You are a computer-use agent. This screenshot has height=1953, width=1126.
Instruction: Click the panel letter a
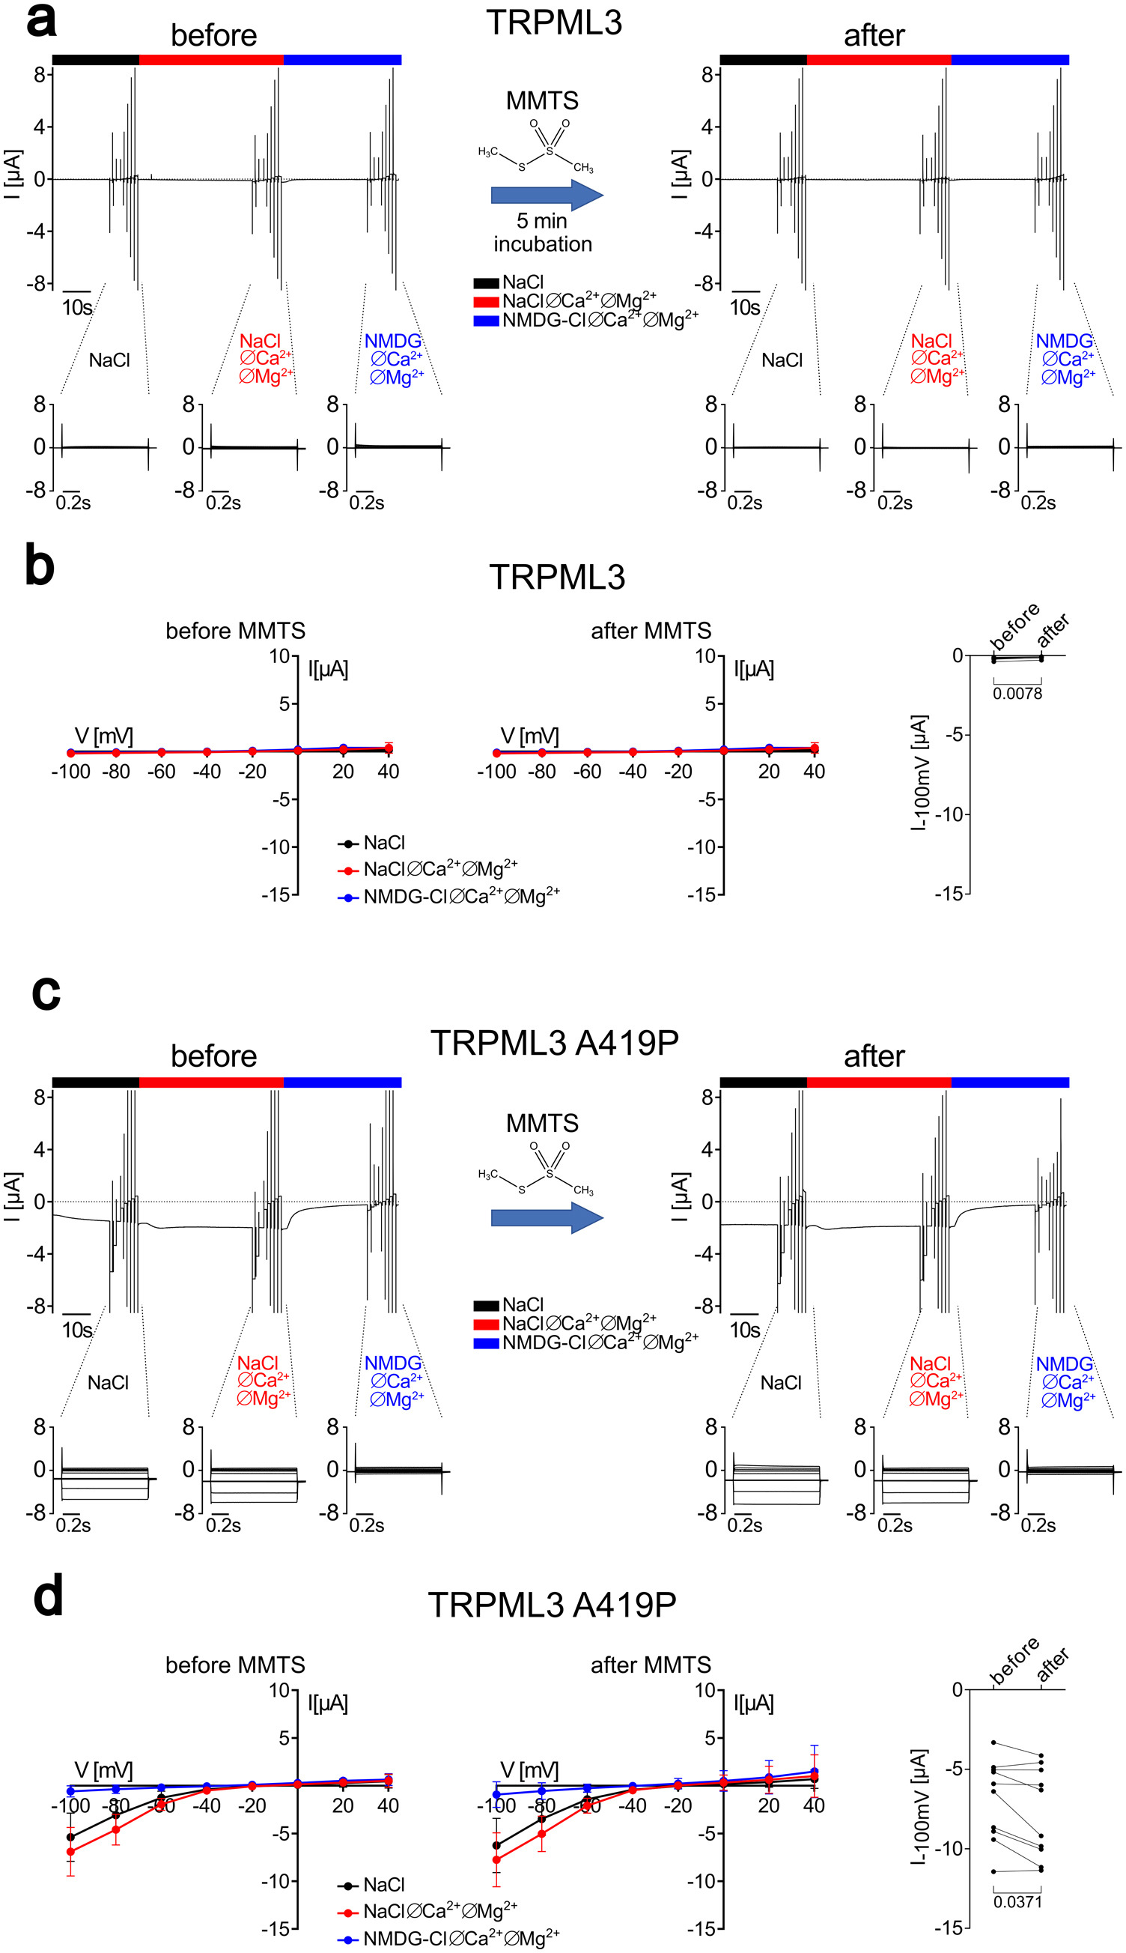tap(41, 21)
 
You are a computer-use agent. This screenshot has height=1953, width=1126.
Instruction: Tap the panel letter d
tap(47, 1597)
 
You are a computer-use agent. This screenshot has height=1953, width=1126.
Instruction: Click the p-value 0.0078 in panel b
tap(1017, 694)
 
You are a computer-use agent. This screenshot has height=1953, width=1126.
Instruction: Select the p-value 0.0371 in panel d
tap(1017, 1901)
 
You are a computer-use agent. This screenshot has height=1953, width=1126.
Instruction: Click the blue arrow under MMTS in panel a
tap(547, 195)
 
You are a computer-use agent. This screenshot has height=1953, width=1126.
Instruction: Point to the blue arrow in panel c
tap(547, 1217)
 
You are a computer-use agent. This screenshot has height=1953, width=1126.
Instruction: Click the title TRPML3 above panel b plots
tap(557, 578)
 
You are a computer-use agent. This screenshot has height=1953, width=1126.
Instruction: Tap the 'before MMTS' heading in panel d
tap(235, 1665)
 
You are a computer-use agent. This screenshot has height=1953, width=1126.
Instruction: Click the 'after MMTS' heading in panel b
tap(651, 631)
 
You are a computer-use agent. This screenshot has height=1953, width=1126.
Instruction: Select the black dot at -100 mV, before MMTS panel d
tap(70, 1837)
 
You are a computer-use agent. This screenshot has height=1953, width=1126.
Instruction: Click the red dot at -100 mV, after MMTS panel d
tap(496, 1859)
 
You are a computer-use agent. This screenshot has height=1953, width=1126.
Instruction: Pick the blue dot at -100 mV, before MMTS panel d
tap(70, 1791)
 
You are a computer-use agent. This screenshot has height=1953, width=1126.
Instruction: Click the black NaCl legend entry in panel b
tap(383, 843)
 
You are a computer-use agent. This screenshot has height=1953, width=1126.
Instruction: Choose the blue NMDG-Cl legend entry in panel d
tap(460, 1938)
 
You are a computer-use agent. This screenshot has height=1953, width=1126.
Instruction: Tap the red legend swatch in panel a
tap(486, 302)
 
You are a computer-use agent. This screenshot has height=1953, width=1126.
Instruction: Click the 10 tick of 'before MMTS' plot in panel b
tap(279, 656)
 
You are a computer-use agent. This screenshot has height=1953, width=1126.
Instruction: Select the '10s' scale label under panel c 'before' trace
tap(76, 1330)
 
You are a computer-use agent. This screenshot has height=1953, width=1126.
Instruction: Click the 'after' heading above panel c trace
tap(874, 1056)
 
